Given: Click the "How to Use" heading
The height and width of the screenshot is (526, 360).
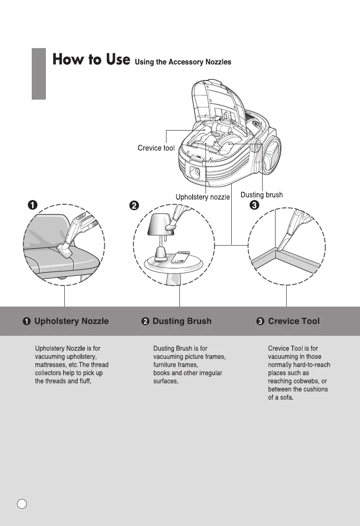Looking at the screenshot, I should [x=91, y=60].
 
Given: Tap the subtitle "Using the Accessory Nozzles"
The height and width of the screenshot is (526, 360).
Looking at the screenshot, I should [x=183, y=62].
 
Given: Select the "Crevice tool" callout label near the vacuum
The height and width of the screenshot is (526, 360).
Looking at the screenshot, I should [x=156, y=148].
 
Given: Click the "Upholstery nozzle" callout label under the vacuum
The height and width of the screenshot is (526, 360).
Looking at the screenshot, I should [x=203, y=197].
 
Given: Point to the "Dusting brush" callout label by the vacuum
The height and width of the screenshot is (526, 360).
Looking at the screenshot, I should [x=261, y=195].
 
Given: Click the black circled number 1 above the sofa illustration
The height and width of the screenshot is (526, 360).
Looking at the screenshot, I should [x=32, y=206].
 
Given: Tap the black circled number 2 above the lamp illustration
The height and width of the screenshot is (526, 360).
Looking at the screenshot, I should [x=134, y=206].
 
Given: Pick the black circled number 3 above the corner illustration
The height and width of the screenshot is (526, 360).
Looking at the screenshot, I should [x=254, y=206].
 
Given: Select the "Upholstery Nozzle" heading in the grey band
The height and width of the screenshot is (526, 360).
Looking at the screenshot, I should [x=71, y=321].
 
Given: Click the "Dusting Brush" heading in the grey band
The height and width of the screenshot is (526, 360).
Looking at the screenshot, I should [x=182, y=321].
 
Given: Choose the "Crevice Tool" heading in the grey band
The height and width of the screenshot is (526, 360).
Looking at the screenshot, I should [x=293, y=321].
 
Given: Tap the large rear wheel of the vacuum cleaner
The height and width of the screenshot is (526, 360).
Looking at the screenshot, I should [x=272, y=158].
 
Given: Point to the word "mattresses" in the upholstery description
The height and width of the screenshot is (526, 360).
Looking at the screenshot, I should [x=49, y=365].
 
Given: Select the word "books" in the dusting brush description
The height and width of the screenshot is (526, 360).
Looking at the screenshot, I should [x=161, y=373].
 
